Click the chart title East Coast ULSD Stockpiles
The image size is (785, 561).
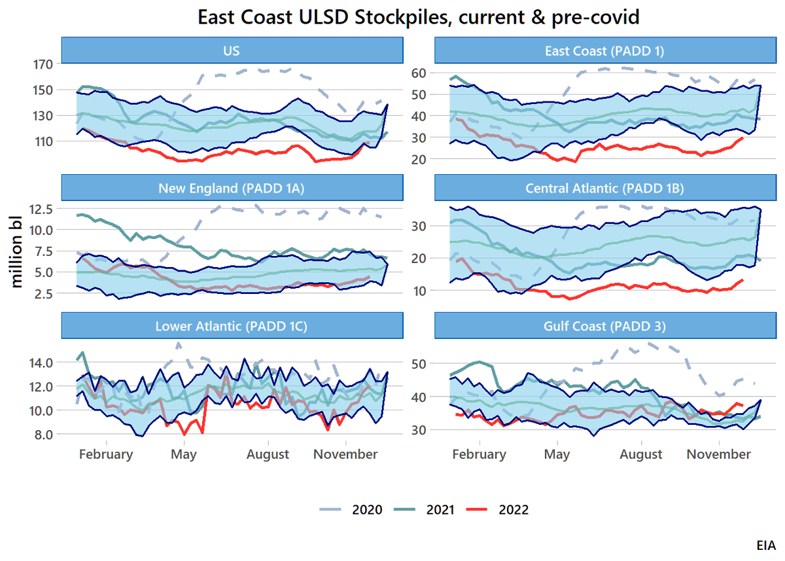[419, 17]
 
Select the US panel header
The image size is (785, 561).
[232, 50]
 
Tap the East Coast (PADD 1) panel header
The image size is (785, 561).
[605, 50]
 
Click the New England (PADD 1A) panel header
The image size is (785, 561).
[232, 188]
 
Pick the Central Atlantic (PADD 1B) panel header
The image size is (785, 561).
[605, 188]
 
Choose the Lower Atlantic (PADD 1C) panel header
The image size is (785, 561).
[232, 326]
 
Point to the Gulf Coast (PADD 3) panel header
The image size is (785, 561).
[605, 326]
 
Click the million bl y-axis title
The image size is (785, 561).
[16, 252]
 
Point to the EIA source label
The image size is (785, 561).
[766, 545]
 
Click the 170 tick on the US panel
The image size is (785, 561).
[43, 64]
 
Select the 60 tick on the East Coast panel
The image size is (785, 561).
[419, 73]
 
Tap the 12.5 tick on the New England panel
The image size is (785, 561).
[41, 209]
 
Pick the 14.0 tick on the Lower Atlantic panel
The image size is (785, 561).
[41, 362]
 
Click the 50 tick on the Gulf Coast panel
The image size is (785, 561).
[419, 364]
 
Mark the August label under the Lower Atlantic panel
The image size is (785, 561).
[268, 454]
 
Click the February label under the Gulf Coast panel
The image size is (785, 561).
[479, 454]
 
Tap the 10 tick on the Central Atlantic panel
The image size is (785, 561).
[419, 291]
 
